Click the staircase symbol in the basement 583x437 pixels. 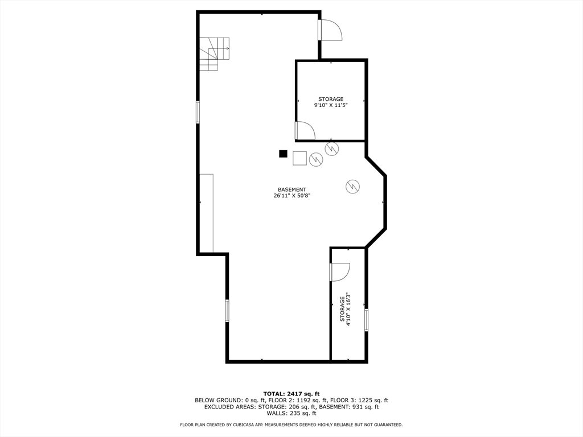click(214, 53)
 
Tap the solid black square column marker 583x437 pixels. click(284, 154)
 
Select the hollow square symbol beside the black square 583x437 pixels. click(299, 158)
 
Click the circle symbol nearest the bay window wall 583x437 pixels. click(352, 186)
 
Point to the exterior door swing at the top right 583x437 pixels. click(330, 30)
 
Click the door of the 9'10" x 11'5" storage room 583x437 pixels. click(305, 130)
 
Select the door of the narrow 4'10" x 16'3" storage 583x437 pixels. click(340, 272)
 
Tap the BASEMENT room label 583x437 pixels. click(292, 189)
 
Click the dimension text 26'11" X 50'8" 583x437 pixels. click(292, 196)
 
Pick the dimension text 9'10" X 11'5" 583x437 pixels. click(331, 105)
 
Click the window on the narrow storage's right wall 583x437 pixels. click(366, 320)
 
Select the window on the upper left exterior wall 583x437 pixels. click(198, 112)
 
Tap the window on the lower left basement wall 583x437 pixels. click(227, 311)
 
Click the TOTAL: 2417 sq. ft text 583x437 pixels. click(291, 394)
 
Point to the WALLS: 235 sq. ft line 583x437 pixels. click(291, 413)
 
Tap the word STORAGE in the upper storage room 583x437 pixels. click(331, 99)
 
